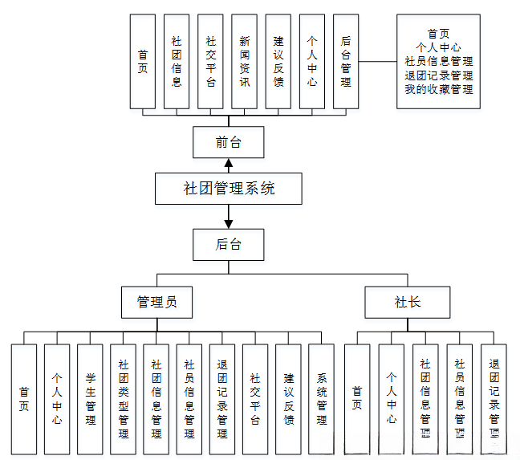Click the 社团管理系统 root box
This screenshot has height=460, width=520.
pyautogui.click(x=229, y=189)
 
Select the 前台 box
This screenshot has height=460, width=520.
pyautogui.click(x=229, y=144)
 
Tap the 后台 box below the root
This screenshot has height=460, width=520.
pyautogui.click(x=229, y=244)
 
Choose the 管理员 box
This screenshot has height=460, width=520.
pyautogui.click(x=156, y=303)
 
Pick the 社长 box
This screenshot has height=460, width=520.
pyautogui.click(x=407, y=303)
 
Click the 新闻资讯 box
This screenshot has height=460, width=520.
pyautogui.click(x=244, y=61)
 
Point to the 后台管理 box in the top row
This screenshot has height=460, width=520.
pyautogui.click(x=345, y=61)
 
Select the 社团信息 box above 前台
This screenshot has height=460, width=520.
pyautogui.click(x=177, y=61)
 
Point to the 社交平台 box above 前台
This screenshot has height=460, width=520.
pyautogui.click(x=210, y=61)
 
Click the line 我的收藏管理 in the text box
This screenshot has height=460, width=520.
pyautogui.click(x=438, y=89)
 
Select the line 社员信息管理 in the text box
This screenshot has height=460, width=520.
pyautogui.click(x=438, y=61)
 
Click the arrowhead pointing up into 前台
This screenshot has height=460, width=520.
pyautogui.click(x=229, y=163)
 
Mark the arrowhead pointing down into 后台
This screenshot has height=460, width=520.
pyautogui.click(x=229, y=223)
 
